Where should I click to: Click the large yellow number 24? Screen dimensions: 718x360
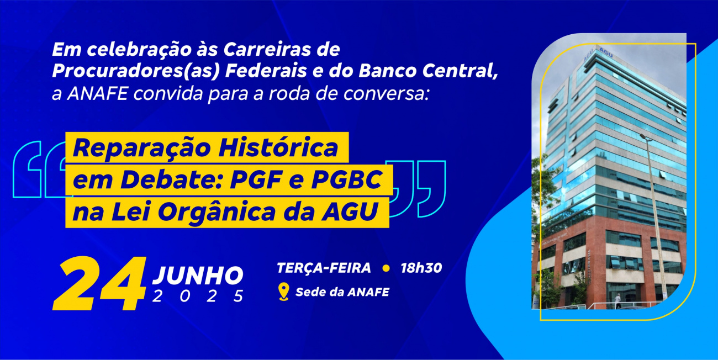coord(99,283)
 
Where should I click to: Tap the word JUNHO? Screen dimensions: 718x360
coord(198,275)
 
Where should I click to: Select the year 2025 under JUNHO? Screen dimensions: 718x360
coord(198,296)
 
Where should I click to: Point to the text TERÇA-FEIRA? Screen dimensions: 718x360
coord(324,268)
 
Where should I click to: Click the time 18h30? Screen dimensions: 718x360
coord(421,268)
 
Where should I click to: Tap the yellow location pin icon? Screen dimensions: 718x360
coord(284,292)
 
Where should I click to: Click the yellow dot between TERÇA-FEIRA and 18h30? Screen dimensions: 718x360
coord(386,268)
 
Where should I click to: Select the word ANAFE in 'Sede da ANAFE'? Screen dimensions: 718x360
coord(368,292)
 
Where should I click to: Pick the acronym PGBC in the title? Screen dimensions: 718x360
coord(347,179)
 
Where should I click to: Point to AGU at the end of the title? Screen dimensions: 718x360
coord(350,211)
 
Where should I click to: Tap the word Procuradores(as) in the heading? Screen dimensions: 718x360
coord(136,71)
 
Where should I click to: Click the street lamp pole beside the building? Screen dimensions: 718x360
coord(654,218)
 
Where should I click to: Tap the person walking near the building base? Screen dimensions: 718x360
coord(617,301)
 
